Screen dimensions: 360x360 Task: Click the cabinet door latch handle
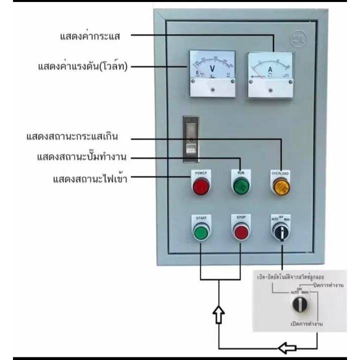click(191, 140)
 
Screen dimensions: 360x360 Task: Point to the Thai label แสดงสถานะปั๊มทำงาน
click(81, 157)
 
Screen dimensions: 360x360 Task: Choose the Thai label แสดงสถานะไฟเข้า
click(90, 178)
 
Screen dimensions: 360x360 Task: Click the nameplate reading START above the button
click(201, 218)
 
